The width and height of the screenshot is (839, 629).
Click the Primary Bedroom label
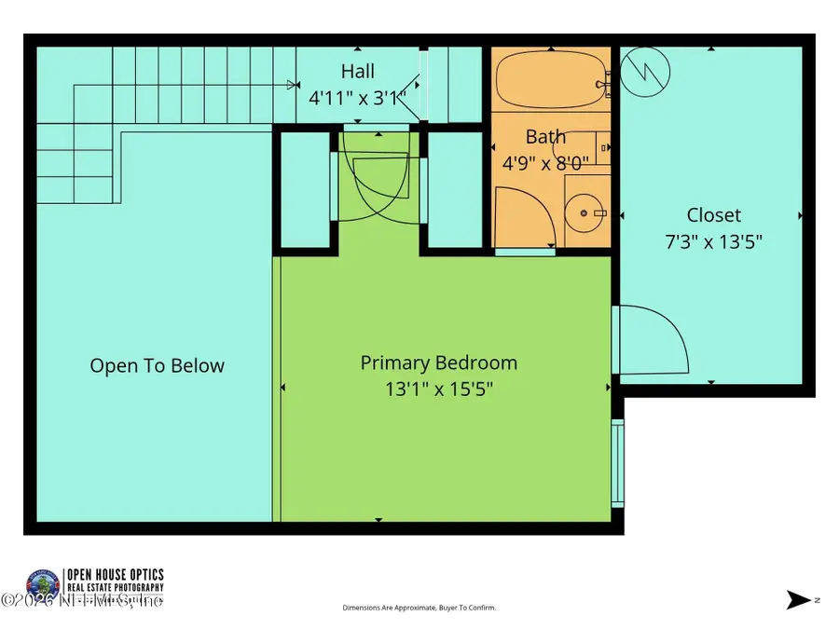tap(438, 362)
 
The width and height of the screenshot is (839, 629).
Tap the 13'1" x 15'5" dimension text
tap(438, 389)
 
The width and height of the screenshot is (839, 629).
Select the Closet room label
tap(713, 215)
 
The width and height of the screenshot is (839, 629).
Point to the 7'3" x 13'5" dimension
tap(713, 241)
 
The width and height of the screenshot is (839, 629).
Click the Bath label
tap(545, 137)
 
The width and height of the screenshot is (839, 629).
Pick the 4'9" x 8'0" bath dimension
tap(545, 162)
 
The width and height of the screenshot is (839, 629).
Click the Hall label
tap(357, 71)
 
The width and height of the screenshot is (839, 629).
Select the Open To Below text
tap(157, 365)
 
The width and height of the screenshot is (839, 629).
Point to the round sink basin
tap(585, 213)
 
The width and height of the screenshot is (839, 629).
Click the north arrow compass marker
tap(799, 600)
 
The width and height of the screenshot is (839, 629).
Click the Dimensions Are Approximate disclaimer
tap(419, 608)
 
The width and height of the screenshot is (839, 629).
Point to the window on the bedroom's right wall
tap(616, 462)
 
